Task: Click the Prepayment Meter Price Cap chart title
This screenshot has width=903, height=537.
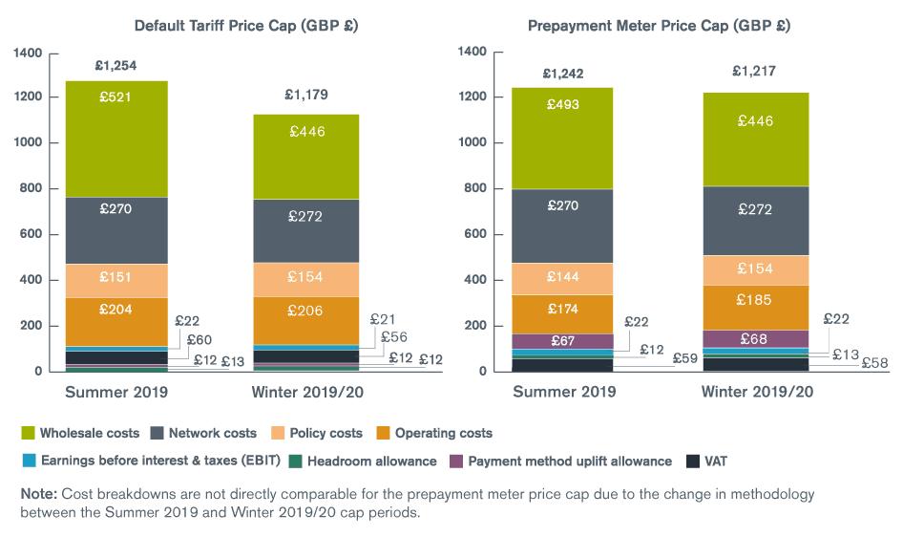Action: coord(660,25)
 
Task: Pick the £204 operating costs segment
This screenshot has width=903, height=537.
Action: coord(115,310)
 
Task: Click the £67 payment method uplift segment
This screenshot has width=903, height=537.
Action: coord(563,342)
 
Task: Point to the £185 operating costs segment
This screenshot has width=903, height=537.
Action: coord(754,300)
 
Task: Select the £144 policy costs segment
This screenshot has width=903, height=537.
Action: coord(563,276)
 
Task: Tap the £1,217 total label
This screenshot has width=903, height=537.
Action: coord(755,71)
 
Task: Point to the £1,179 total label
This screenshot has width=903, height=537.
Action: coord(307,95)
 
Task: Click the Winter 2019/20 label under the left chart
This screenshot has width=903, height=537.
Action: coord(307,392)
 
